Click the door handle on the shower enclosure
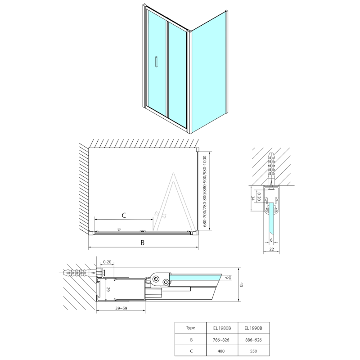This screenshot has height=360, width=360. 156,62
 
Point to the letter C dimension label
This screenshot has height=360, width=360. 124,215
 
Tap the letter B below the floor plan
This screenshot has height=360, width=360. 143,243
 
